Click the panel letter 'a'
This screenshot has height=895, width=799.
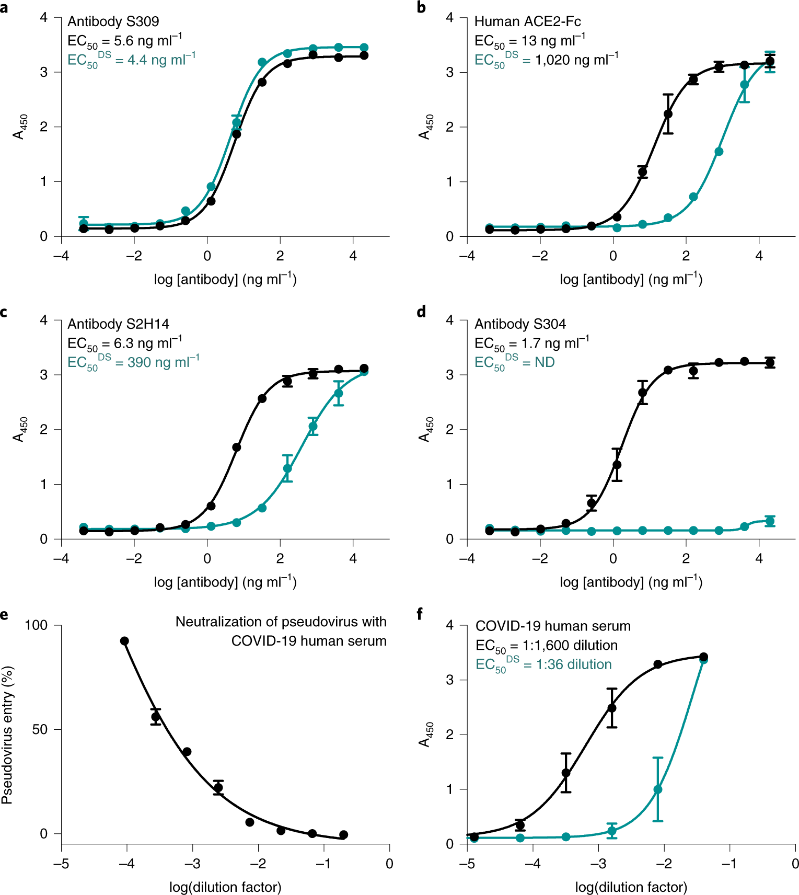pos(4,8)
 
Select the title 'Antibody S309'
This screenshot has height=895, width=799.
pos(113,21)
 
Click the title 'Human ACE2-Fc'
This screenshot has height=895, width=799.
pos(527,21)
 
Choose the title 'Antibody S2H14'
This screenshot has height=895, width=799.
pos(119,324)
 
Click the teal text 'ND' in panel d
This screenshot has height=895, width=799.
pos(545,362)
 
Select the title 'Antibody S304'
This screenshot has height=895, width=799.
pos(520,324)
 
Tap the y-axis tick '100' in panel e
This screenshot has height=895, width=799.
pos(36,625)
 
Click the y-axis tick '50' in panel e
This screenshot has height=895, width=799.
pos(40,729)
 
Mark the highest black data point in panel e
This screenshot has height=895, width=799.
pos(124,641)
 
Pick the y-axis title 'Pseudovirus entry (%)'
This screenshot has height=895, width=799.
pos(7,735)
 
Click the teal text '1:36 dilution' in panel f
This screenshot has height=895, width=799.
pos(573,664)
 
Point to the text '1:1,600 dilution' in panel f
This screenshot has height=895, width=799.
pos(570,646)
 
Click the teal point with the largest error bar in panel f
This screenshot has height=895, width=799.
pos(658,789)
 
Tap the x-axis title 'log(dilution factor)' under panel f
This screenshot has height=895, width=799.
pos(631,887)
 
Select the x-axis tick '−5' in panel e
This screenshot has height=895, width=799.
pos(61,864)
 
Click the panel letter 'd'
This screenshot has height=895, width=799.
pos(421,312)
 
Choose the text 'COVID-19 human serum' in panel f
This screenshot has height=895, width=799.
pos(553,626)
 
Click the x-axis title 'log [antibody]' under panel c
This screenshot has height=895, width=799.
pos(225,582)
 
